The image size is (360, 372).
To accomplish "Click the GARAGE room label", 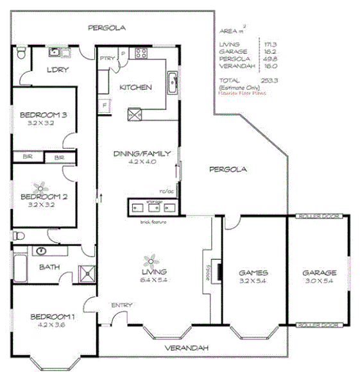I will pyautogui.click(x=320, y=272).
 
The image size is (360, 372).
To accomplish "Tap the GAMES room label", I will pyautogui.click(x=253, y=272).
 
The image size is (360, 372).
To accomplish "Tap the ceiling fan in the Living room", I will pyautogui.click(x=151, y=260).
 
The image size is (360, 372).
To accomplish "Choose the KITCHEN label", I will pyautogui.click(x=136, y=87).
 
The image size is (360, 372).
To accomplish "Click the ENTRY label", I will pyautogui.click(x=121, y=305).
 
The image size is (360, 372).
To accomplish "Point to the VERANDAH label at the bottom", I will pyautogui.click(x=187, y=348).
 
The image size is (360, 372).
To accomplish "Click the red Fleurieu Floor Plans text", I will pyautogui.click(x=242, y=93).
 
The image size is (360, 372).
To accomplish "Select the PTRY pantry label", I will pyautogui.click(x=107, y=59).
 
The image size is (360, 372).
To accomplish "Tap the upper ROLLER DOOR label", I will pyautogui.click(x=319, y=217).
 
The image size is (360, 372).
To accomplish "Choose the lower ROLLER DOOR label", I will pyautogui.click(x=319, y=325).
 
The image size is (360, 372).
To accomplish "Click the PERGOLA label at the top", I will pyautogui.click(x=107, y=28).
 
